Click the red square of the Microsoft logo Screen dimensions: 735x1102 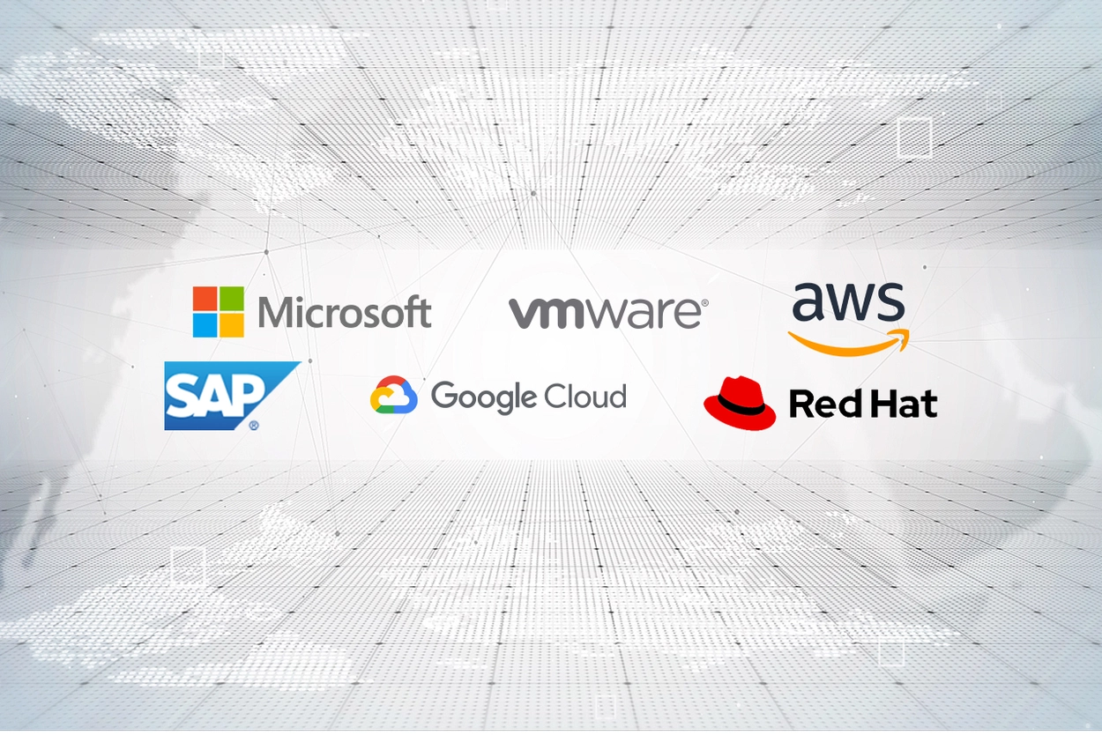click(x=205, y=298)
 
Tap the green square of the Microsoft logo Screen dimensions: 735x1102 click(x=232, y=298)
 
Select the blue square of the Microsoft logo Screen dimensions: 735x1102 click(x=205, y=325)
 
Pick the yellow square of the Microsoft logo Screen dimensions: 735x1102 click(x=232, y=325)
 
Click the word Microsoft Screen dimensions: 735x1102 click(x=345, y=313)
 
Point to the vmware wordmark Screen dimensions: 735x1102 click(x=604, y=313)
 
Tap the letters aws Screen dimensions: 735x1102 click(x=848, y=304)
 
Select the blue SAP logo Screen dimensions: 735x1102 click(x=225, y=395)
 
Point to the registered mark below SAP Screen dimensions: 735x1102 click(x=254, y=425)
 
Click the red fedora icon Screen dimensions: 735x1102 click(x=739, y=403)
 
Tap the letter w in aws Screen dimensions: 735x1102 click(x=849, y=306)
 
